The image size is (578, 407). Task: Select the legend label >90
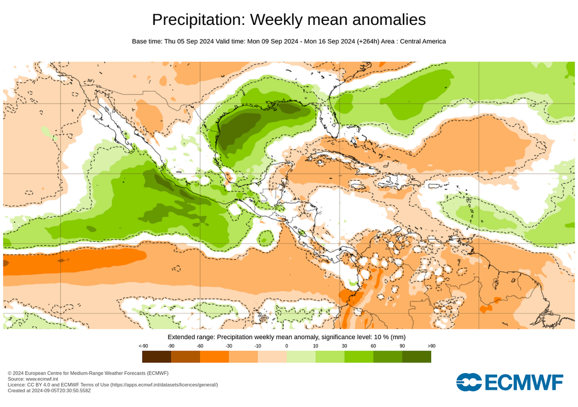pos(431,345)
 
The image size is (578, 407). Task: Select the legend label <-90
pos(143,345)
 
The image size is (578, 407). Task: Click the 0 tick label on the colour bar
pos(287,345)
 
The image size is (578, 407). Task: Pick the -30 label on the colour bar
pos(229,345)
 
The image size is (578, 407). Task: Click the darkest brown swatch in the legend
pos(157,357)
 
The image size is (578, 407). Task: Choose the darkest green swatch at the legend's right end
pos(417,357)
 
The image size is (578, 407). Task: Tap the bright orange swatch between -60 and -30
pos(214,357)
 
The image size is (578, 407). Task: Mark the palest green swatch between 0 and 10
pos(301,357)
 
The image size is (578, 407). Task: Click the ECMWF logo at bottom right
pos(509,383)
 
